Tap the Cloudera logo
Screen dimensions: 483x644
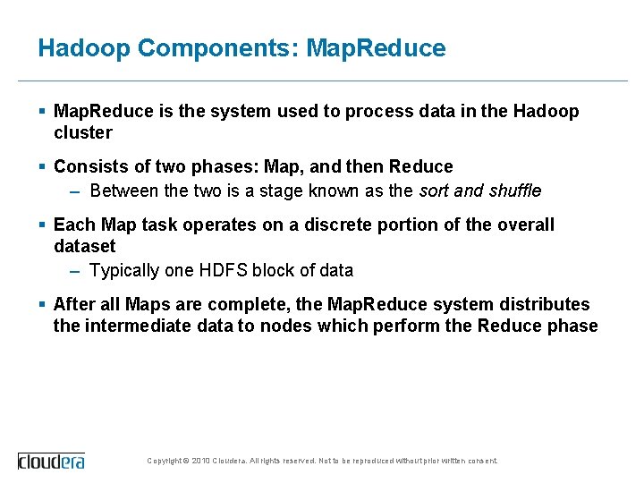tap(51, 461)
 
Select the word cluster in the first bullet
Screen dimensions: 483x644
tap(83, 133)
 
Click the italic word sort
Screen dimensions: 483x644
tap(436, 191)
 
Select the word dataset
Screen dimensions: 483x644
tap(85, 246)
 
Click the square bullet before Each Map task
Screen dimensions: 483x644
tap(43, 225)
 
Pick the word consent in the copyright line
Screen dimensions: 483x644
tap(481, 461)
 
